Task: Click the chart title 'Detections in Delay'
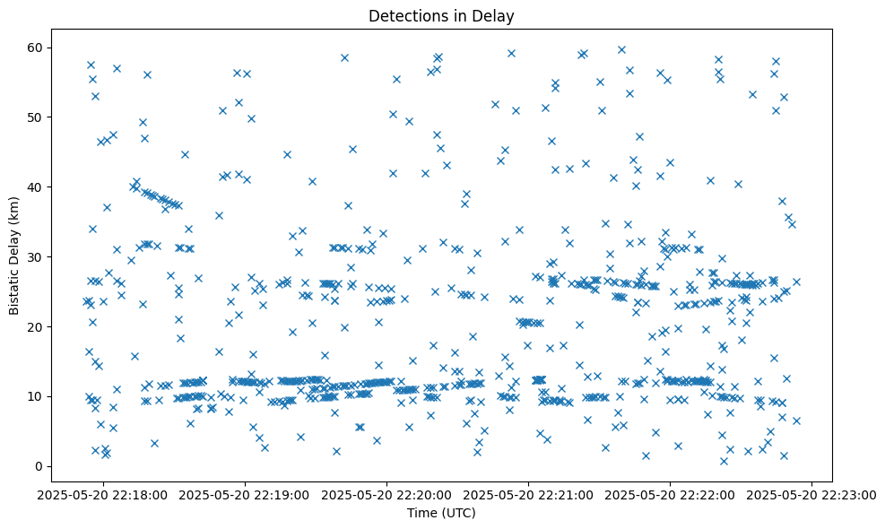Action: [x=442, y=15]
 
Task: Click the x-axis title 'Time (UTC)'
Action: [x=442, y=513]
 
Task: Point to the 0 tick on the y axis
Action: [x=40, y=466]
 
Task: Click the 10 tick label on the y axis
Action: [x=37, y=396]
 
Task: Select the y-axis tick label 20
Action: [x=37, y=326]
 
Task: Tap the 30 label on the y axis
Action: [x=37, y=256]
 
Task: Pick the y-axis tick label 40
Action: [x=37, y=186]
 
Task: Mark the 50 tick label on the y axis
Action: [x=37, y=117]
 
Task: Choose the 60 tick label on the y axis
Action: [x=37, y=47]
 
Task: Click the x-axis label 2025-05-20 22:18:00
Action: [x=103, y=493]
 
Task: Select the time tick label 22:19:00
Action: [x=245, y=493]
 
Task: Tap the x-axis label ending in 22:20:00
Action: [x=387, y=493]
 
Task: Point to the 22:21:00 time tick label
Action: [x=529, y=493]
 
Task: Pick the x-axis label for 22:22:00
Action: [x=671, y=493]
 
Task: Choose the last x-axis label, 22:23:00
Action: [x=812, y=493]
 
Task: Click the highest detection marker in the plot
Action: [x=621, y=49]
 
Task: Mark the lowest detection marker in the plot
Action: [x=724, y=461]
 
